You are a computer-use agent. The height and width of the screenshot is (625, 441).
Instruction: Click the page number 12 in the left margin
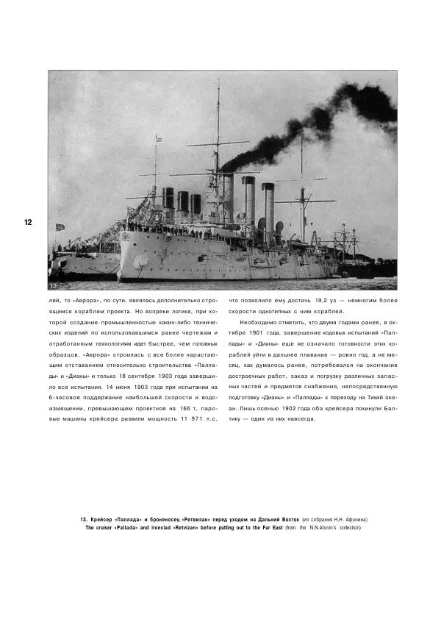coord(28,222)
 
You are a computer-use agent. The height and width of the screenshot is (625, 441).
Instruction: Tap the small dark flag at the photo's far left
coord(60,227)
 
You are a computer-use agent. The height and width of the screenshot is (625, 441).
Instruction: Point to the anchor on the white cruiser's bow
coord(140,261)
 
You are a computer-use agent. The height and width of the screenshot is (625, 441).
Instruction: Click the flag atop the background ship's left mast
coord(157,137)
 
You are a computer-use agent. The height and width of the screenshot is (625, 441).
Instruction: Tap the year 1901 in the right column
coord(269,333)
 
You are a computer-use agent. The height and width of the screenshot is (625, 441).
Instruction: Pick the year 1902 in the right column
coord(309,408)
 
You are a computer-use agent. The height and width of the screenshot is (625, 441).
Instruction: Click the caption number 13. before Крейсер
coord(85,519)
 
